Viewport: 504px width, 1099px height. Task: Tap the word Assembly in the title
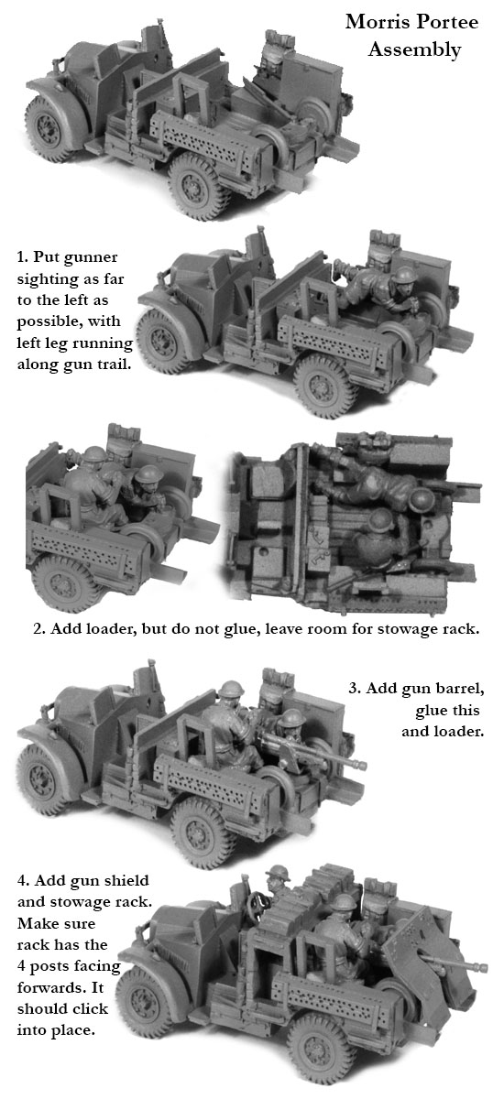pos(415,50)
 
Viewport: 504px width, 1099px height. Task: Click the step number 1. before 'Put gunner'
pos(23,257)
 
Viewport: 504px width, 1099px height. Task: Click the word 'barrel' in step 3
pos(459,689)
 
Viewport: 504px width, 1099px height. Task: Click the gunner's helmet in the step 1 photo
pos(405,275)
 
